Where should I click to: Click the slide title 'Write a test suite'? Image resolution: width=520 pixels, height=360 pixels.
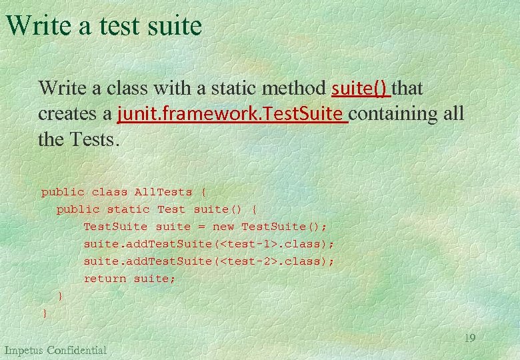point(104,25)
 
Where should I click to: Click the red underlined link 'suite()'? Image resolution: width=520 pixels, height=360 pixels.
point(361,88)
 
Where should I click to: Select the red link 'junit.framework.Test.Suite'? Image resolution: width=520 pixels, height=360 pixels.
point(231,114)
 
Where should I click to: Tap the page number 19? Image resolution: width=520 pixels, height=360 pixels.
point(469,338)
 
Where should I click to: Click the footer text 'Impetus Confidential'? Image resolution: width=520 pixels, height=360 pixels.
point(55,350)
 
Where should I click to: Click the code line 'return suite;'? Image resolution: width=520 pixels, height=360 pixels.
point(129,279)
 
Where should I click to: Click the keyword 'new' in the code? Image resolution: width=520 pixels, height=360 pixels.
point(223,227)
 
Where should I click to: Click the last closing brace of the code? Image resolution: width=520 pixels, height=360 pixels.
point(45,313)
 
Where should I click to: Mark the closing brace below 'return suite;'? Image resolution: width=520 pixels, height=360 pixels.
point(61,295)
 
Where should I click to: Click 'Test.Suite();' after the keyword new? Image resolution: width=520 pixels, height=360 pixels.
point(284,227)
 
